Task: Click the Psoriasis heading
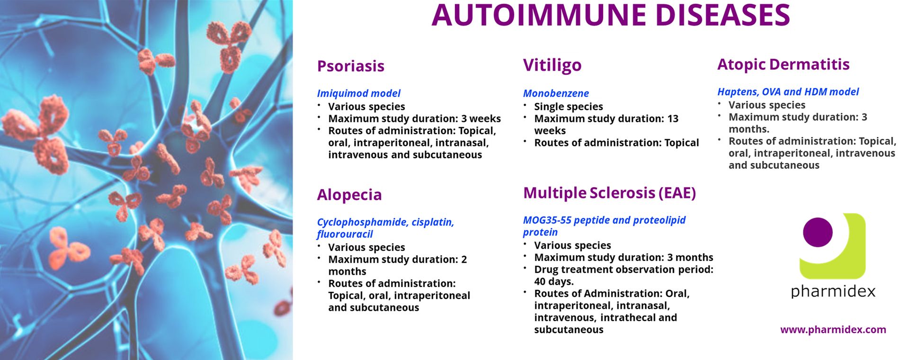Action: click(350, 66)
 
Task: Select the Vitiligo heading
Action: click(552, 65)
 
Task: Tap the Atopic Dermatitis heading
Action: click(783, 64)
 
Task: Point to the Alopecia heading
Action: click(349, 195)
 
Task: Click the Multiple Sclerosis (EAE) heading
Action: click(609, 193)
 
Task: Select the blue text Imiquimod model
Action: click(358, 93)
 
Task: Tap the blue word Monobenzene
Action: click(556, 93)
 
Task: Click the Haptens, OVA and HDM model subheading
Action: click(788, 91)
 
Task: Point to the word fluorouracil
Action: click(345, 234)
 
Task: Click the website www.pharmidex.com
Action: click(833, 330)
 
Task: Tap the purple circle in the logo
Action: click(818, 232)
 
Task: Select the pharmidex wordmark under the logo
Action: click(833, 291)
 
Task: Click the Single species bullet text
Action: click(569, 107)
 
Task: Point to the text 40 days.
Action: click(554, 281)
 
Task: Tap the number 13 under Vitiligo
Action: click(673, 118)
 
